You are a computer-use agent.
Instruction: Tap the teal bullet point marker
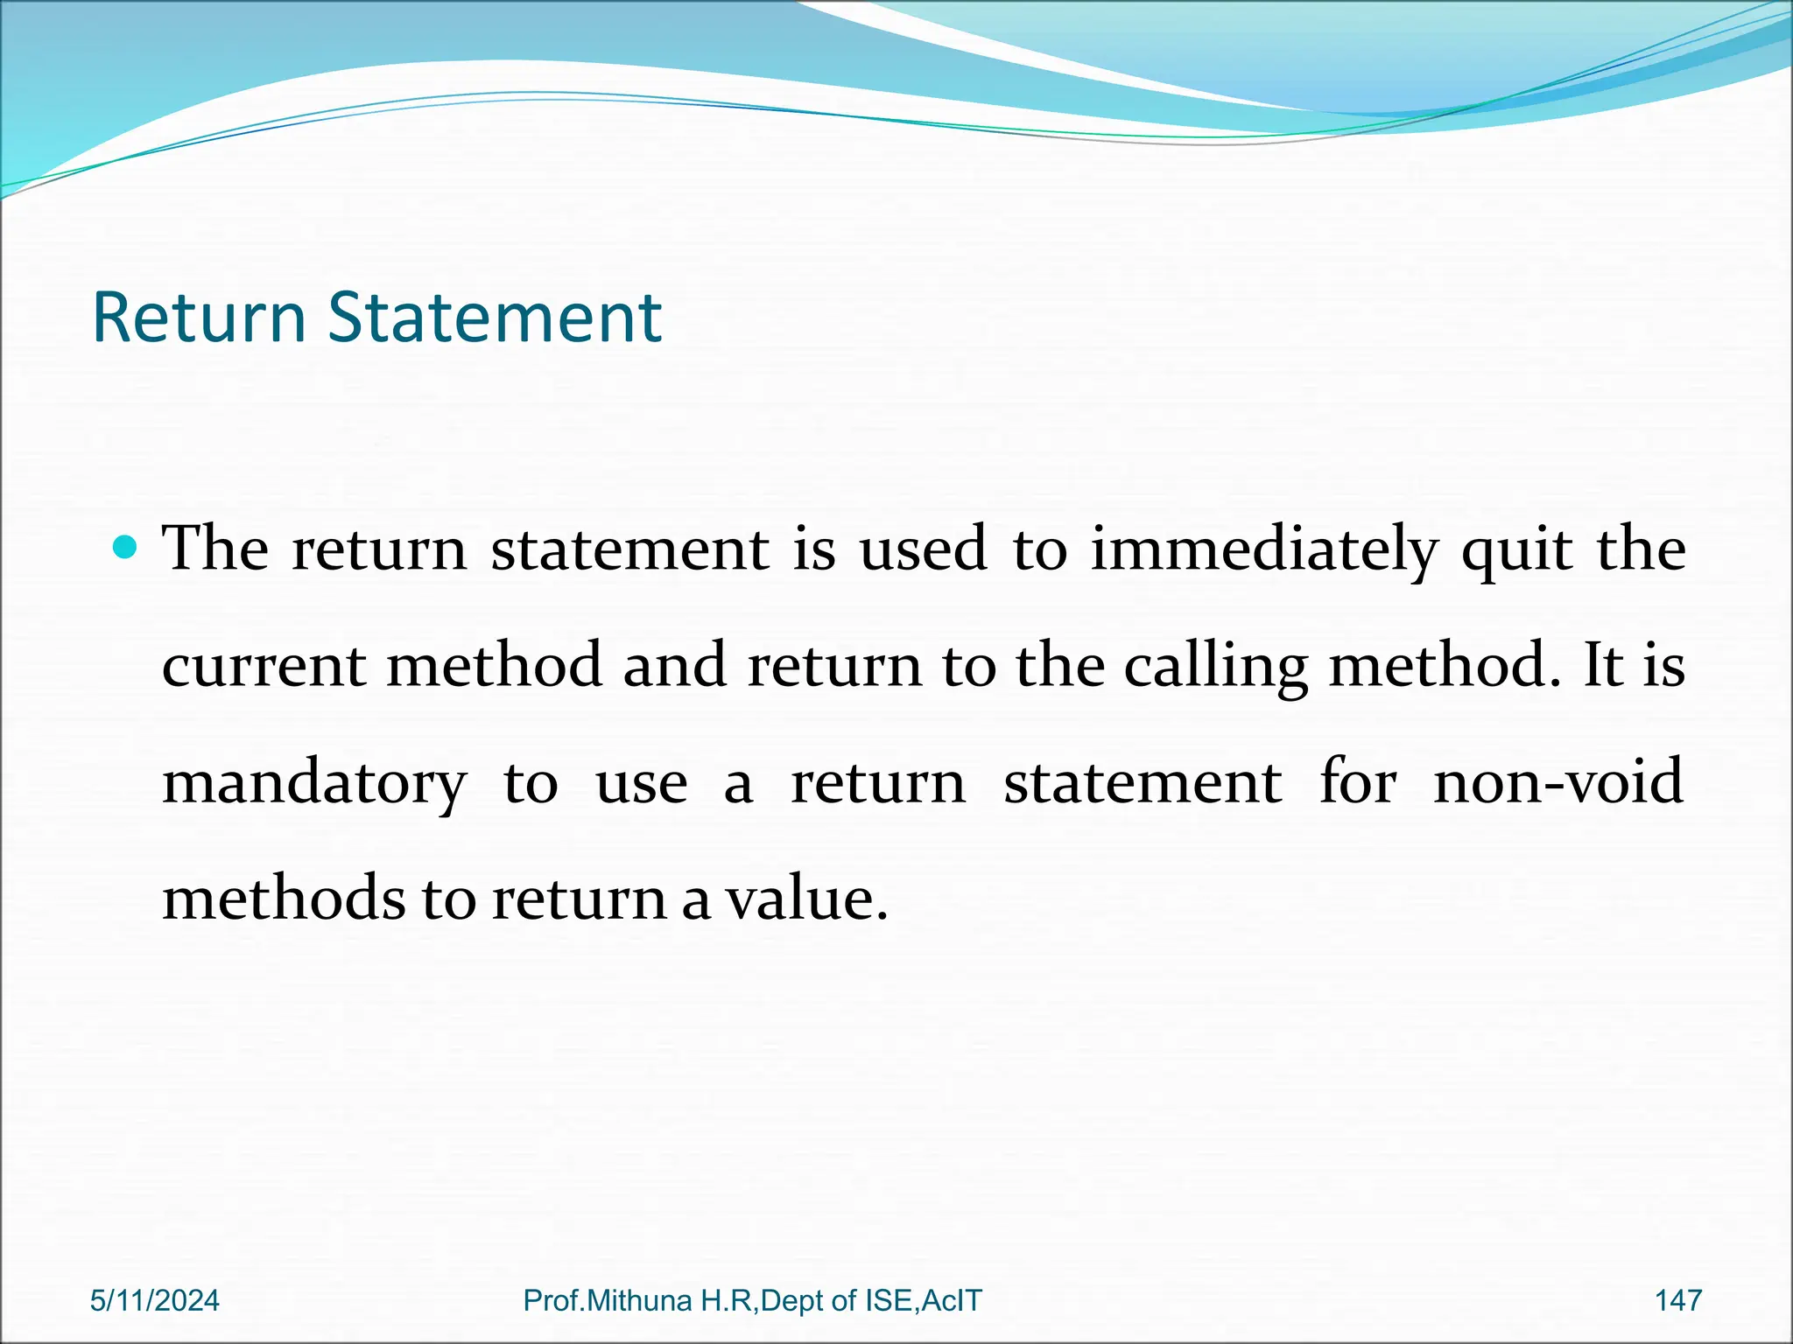click(127, 549)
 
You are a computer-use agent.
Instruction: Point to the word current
click(264, 667)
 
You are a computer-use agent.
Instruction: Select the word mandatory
click(314, 784)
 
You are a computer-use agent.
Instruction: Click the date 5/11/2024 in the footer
click(155, 1301)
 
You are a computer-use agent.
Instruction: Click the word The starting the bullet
click(215, 549)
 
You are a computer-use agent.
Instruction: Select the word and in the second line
click(674, 667)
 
